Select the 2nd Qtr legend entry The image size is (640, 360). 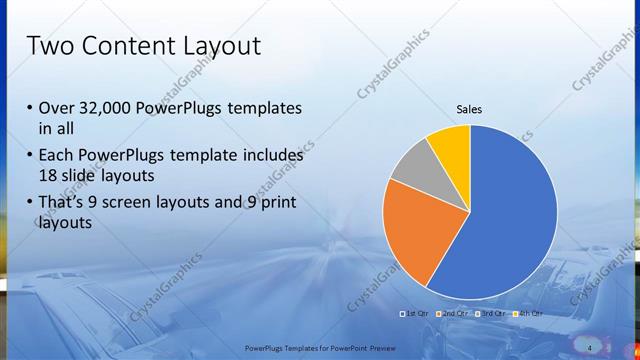pos(455,314)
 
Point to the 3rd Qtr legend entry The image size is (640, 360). pos(493,314)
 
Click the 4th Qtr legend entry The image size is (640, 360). pos(529,314)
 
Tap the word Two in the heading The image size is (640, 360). pos(48,46)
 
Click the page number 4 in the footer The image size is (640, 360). pos(590,347)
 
